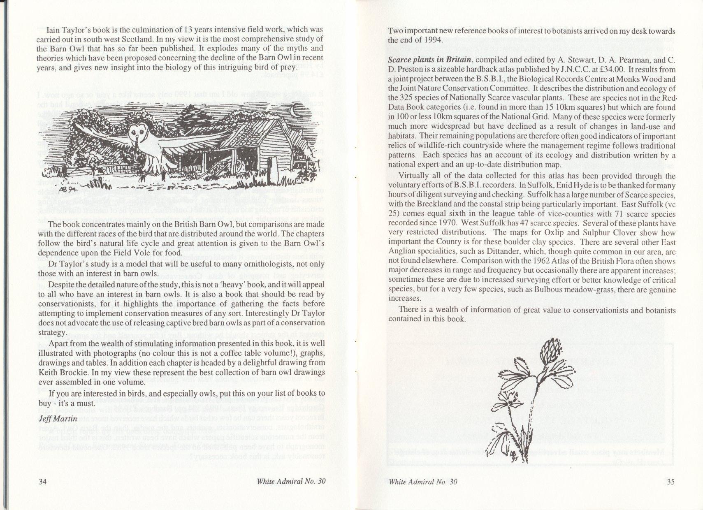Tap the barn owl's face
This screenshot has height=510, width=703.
point(137,133)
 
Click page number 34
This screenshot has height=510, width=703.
point(43,482)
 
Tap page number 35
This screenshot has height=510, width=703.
point(671,482)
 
